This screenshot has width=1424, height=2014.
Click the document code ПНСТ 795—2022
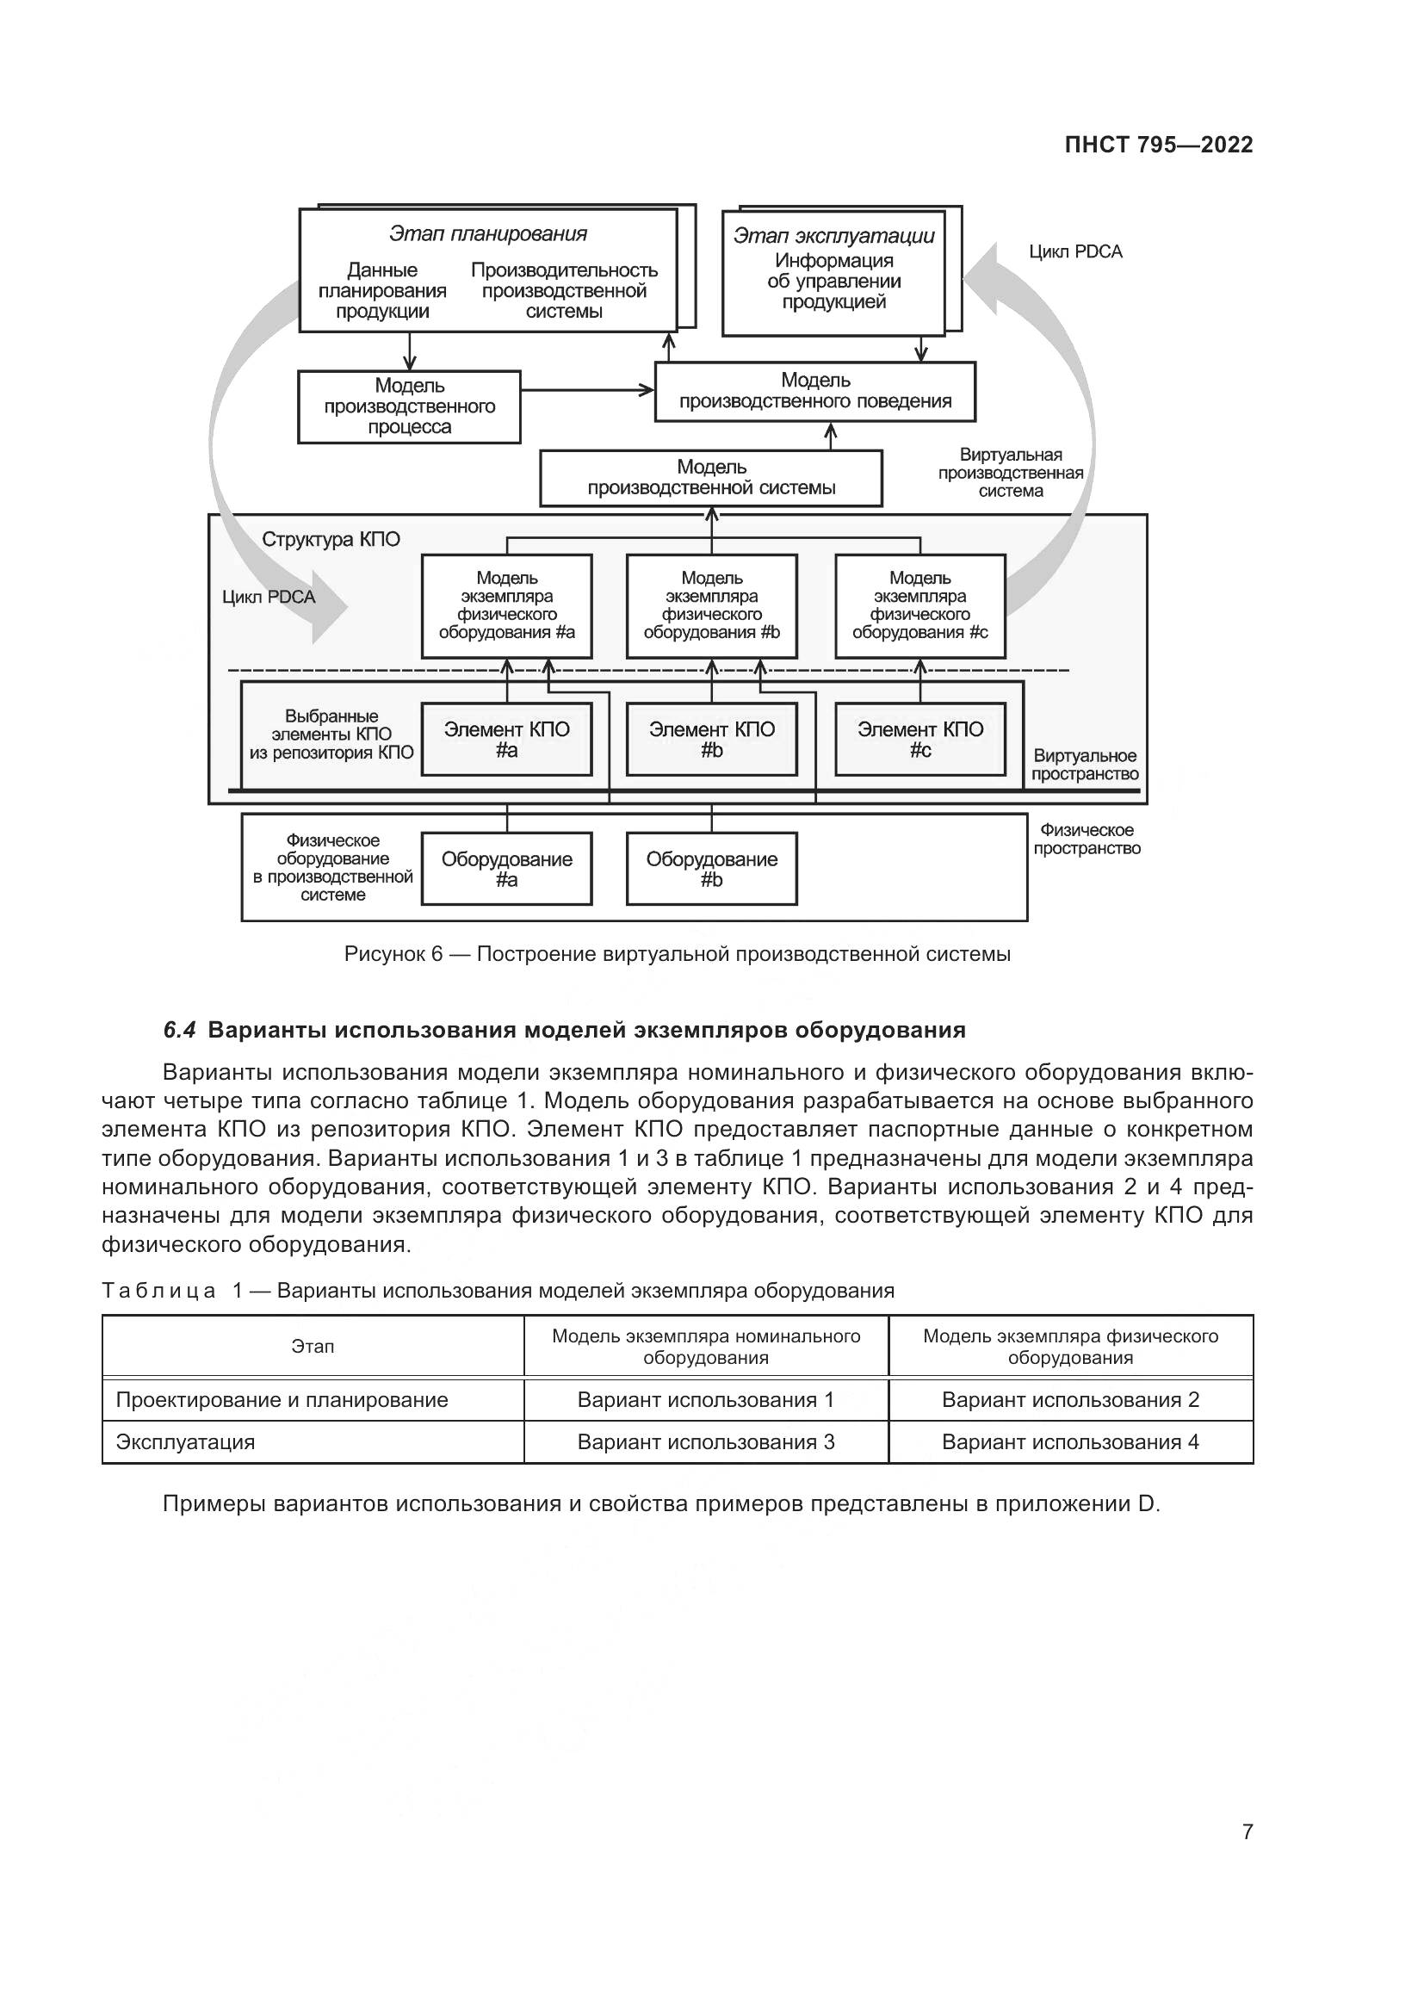coord(1157,146)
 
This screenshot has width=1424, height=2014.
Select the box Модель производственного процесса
coord(409,407)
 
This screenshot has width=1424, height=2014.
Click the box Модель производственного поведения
coord(814,391)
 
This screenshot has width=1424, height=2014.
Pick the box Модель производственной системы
coord(710,478)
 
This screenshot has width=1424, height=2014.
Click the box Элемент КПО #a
coord(506,740)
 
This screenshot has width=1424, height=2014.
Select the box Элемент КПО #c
coord(919,740)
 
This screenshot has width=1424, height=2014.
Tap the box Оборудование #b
coord(711,870)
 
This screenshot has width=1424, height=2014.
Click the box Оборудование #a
coord(506,870)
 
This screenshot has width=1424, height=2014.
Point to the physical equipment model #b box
coord(711,605)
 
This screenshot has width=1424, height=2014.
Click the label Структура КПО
coord(331,540)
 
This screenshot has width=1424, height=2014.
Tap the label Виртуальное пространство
coord(1084,765)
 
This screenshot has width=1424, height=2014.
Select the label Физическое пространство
coord(1087,840)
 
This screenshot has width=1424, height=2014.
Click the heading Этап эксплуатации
coord(833,236)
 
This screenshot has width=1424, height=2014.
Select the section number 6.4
coord(180,1031)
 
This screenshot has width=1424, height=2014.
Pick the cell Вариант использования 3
coord(705,1442)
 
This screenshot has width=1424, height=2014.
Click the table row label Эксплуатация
coord(185,1442)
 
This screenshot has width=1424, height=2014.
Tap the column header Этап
coord(313,1347)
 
